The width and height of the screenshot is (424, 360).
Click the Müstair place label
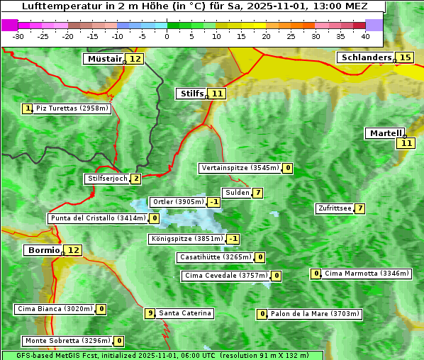[x=104, y=59]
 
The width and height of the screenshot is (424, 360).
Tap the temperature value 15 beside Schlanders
[x=406, y=57]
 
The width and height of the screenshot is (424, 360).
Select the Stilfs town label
[x=191, y=93]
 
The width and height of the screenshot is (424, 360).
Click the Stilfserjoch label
[x=106, y=179]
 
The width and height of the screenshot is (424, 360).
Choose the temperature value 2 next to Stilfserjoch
[x=135, y=179]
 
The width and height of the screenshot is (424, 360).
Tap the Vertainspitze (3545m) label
[x=240, y=168]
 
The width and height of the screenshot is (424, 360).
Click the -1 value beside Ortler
[x=214, y=202]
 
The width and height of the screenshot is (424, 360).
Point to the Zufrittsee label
[x=335, y=208]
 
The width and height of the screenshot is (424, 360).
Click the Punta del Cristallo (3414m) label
[x=97, y=218]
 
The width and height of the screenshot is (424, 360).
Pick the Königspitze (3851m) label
[x=186, y=239]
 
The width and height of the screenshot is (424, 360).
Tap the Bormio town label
[x=42, y=250]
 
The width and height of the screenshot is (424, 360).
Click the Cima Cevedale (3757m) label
[x=225, y=276]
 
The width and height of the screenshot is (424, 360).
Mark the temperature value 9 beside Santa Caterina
[x=150, y=313]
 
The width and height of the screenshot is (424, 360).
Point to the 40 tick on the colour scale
[x=365, y=36]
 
